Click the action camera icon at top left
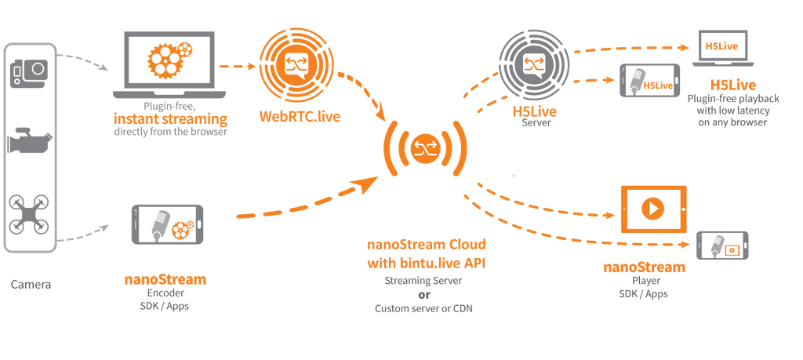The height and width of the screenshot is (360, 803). [x=29, y=75]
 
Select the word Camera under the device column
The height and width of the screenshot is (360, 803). [x=31, y=285]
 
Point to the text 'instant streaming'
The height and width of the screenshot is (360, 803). [x=170, y=119]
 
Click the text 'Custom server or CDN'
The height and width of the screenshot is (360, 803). [x=424, y=309]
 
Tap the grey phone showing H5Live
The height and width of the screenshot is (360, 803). [x=650, y=81]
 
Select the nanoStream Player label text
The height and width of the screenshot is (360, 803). [x=644, y=267]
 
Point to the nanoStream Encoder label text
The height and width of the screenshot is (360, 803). [x=165, y=279]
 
